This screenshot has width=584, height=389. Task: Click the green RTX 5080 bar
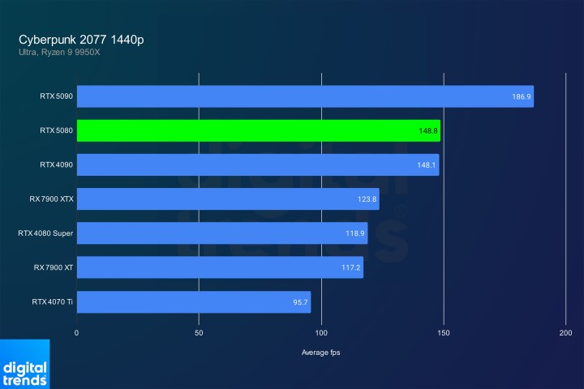(258, 130)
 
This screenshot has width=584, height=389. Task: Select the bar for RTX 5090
(305, 96)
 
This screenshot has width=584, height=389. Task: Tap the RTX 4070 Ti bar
(193, 302)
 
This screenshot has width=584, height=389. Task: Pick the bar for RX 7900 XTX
(228, 199)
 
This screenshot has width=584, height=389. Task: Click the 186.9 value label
(522, 96)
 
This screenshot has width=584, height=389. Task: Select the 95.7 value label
(300, 302)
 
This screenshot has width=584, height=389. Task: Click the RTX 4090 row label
(56, 165)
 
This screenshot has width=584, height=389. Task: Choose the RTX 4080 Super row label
(45, 233)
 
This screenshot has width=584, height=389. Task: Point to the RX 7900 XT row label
(53, 268)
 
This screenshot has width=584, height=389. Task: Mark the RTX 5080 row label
(56, 130)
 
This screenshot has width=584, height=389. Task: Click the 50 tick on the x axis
(200, 332)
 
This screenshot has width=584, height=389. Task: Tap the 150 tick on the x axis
(444, 332)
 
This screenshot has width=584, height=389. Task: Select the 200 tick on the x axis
(566, 332)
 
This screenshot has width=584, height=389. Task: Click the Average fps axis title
(321, 353)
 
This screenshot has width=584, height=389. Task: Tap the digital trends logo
(24, 365)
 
